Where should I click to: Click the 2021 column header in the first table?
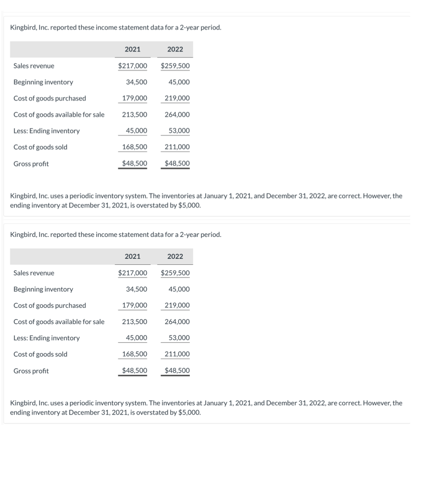(x=132, y=49)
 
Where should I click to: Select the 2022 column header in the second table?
(x=175, y=256)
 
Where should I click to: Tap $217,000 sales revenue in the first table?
(x=132, y=65)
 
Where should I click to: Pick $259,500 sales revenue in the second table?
(x=175, y=273)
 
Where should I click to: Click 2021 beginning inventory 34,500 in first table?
(x=136, y=82)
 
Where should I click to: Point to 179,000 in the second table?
(x=134, y=305)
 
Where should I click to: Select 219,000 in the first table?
(x=177, y=98)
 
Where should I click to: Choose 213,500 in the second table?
(x=134, y=321)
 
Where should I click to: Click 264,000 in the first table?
(x=177, y=115)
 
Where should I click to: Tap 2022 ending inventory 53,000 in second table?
(x=179, y=338)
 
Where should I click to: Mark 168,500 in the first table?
(x=134, y=147)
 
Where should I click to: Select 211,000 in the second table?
(x=177, y=354)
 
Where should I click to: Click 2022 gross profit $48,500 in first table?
(x=177, y=163)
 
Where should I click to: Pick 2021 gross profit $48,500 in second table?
(x=134, y=371)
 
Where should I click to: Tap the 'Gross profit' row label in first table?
(x=31, y=164)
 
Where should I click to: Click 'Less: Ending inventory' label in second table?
(x=46, y=338)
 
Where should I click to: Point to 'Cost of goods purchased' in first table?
(x=50, y=98)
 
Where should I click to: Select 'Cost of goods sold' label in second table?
(x=40, y=354)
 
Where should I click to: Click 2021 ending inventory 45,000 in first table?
(x=136, y=131)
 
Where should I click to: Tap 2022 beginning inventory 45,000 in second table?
(x=179, y=289)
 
